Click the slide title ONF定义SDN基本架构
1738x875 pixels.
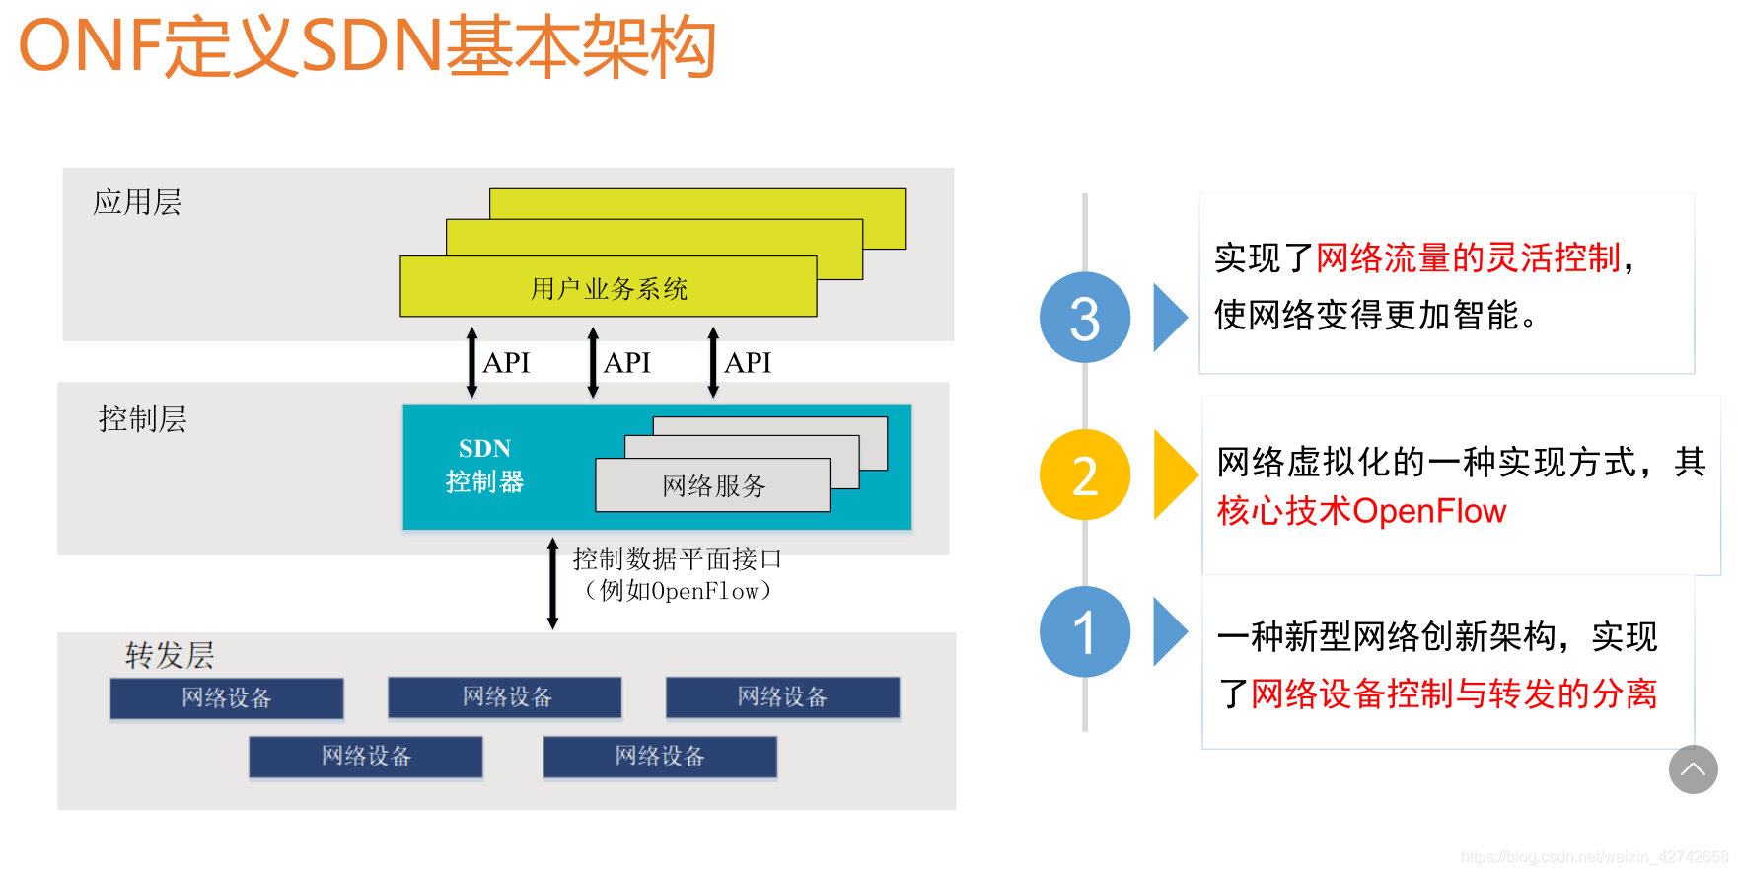[x=367, y=46]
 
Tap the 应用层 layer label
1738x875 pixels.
[x=137, y=202]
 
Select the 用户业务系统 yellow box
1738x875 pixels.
[x=608, y=288]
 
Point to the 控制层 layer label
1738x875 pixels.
[x=142, y=419]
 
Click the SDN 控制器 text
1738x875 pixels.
[x=484, y=466]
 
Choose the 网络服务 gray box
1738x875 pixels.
[x=712, y=485]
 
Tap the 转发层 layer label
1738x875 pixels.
[x=169, y=655]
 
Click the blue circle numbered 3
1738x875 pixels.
[x=1084, y=318]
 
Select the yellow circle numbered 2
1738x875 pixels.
[x=1084, y=475]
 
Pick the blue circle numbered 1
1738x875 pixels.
[x=1084, y=631]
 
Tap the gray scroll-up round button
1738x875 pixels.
[x=1693, y=769]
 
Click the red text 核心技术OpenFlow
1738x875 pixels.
[x=1361, y=511]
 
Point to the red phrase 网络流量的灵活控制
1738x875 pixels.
[x=1468, y=258]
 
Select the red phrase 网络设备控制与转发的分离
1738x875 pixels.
[x=1454, y=693]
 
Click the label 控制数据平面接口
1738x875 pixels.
[x=677, y=559]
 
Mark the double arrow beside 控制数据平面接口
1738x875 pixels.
[x=552, y=583]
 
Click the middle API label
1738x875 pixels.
[x=627, y=363]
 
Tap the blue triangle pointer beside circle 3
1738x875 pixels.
[x=1169, y=318]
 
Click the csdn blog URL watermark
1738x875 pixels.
[x=1594, y=857]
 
